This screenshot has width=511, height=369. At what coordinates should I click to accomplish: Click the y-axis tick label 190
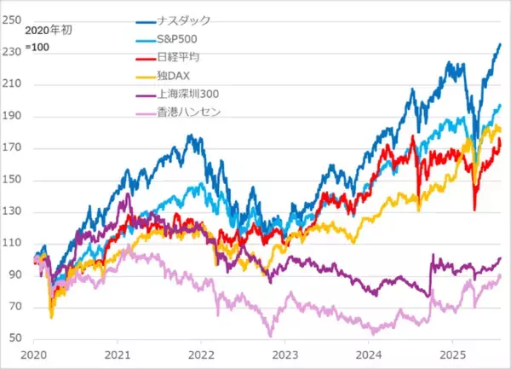12,116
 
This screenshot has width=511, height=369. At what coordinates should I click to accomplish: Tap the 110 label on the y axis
12,244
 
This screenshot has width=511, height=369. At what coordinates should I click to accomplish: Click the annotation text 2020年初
47,32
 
